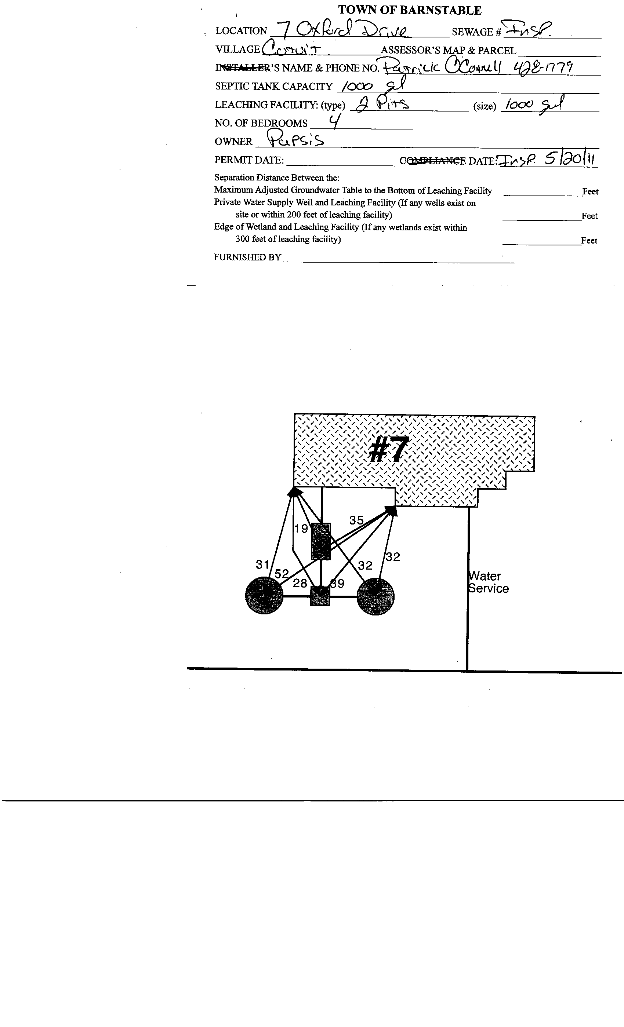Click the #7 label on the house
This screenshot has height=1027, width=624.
(x=388, y=450)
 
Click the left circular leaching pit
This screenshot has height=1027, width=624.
(x=264, y=595)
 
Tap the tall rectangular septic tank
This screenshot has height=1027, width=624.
(x=321, y=541)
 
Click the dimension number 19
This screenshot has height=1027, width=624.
(x=301, y=529)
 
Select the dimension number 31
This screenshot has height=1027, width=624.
(x=262, y=564)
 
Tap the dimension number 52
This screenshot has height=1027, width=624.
(x=282, y=574)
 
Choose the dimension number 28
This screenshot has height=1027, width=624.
(x=300, y=583)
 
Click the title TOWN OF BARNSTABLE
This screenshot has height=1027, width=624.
(x=410, y=10)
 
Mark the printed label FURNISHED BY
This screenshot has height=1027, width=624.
(x=247, y=257)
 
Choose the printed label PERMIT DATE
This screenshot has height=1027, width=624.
(x=249, y=160)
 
